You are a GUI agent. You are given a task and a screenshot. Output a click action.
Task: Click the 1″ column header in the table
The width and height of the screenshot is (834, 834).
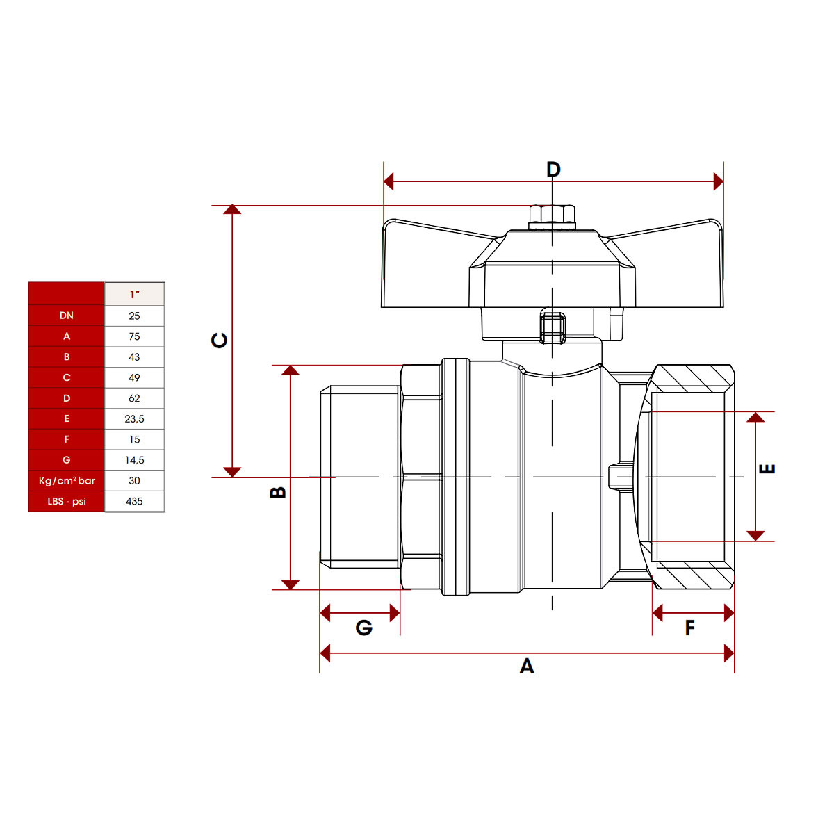click(134, 294)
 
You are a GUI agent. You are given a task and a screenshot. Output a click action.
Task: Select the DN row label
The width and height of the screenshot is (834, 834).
click(67, 316)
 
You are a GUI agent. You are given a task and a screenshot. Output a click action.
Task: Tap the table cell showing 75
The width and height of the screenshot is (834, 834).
click(134, 336)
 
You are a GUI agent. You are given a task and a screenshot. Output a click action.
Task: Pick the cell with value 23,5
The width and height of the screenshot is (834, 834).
click(134, 418)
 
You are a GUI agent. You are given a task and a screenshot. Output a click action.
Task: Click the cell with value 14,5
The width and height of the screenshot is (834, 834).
click(134, 460)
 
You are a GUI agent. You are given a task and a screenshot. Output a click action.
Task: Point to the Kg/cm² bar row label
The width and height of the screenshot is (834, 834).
click(67, 480)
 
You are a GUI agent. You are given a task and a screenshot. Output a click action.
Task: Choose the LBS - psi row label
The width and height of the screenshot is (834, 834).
click(67, 501)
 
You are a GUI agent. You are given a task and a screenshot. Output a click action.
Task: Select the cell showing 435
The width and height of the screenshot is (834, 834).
click(134, 501)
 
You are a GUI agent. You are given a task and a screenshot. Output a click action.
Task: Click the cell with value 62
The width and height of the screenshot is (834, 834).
click(134, 398)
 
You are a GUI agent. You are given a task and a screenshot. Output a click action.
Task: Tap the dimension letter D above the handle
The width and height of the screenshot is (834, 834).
click(553, 169)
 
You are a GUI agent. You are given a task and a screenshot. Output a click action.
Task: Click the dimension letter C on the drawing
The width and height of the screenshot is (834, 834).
click(220, 341)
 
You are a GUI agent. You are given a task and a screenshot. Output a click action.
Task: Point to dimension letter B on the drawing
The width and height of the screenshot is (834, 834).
click(278, 493)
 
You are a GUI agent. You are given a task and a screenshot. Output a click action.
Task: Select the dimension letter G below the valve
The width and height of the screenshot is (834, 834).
click(364, 628)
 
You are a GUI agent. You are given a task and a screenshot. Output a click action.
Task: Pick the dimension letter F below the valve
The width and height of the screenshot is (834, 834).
click(690, 628)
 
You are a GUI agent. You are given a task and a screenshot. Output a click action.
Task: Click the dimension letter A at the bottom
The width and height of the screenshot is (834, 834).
click(527, 666)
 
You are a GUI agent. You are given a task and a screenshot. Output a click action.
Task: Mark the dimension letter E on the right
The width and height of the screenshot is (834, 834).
click(767, 468)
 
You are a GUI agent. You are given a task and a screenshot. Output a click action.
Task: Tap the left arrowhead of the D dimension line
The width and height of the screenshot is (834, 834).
click(389, 181)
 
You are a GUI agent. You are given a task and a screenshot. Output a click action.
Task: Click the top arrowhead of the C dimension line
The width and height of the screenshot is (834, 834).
click(232, 209)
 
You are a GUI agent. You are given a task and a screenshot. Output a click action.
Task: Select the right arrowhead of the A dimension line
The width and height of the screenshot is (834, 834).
click(729, 653)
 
